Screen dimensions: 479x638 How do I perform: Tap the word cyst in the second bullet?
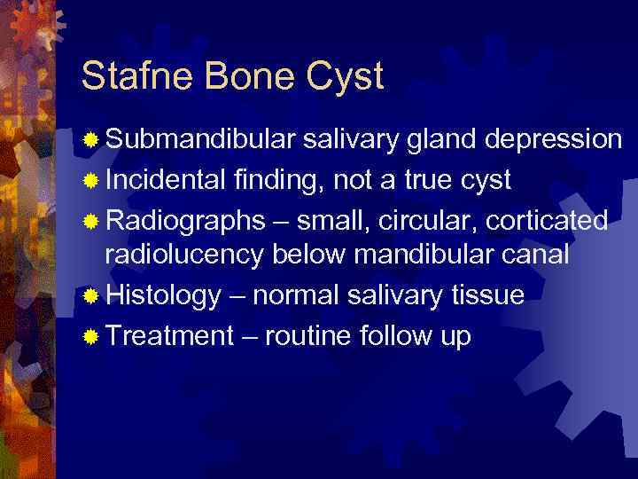point(485,182)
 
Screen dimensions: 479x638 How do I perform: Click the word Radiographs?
point(184,220)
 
